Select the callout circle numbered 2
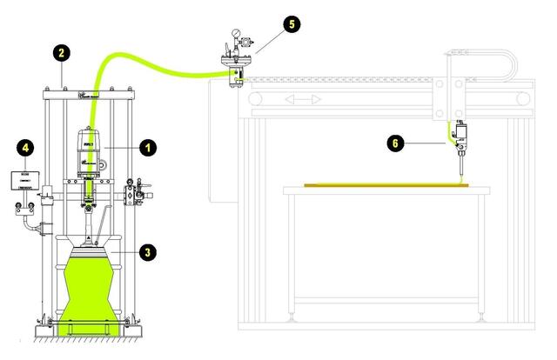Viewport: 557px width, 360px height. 61,53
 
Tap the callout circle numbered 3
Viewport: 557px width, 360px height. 149,252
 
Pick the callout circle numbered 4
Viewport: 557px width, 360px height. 27,148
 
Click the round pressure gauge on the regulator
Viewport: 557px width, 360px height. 233,37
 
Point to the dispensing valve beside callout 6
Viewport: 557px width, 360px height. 459,139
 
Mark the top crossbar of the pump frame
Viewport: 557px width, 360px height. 89,88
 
